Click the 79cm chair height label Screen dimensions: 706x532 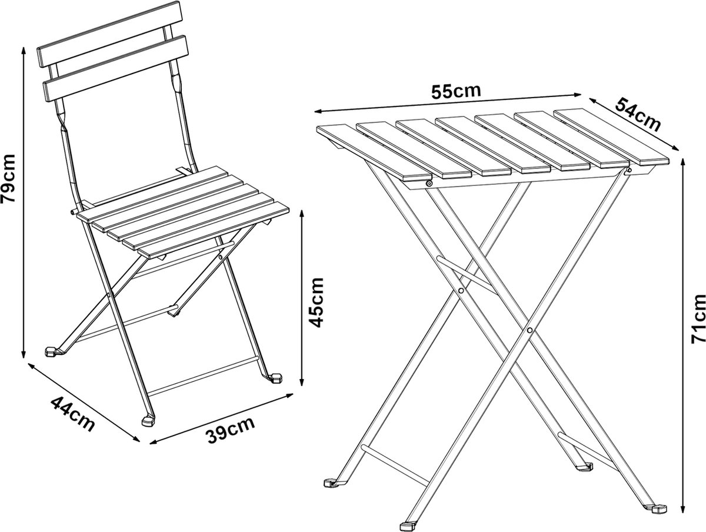(x=8, y=178)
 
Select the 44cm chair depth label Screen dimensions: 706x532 (x=73, y=414)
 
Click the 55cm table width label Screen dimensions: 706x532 (x=456, y=92)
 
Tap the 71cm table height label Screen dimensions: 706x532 (x=698, y=319)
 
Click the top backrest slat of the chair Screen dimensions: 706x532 (x=109, y=34)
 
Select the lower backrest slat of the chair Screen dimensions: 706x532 (x=115, y=68)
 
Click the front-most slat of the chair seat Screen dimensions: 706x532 (x=214, y=230)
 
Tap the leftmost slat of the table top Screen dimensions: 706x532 (x=374, y=152)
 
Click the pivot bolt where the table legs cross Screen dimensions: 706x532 (x=529, y=330)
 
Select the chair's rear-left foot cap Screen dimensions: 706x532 (x=51, y=351)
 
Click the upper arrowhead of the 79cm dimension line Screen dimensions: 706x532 (x=24, y=51)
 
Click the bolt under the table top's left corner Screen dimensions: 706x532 (x=428, y=184)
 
